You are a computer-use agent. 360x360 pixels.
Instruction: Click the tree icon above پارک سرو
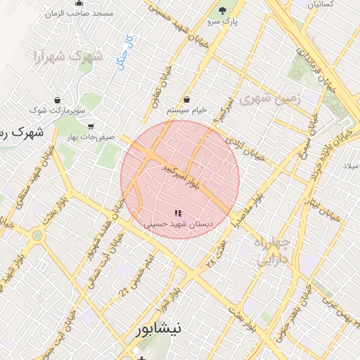(223, 11)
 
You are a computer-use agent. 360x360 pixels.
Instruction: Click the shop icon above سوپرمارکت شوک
(56, 101)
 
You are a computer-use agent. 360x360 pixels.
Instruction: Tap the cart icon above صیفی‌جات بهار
(91, 127)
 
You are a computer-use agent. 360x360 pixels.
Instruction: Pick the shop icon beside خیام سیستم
(186, 101)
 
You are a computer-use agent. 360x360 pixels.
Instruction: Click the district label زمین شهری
(269, 99)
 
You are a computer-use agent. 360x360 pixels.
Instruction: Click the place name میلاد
(349, 165)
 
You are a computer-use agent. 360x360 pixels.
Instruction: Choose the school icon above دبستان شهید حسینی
(177, 213)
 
